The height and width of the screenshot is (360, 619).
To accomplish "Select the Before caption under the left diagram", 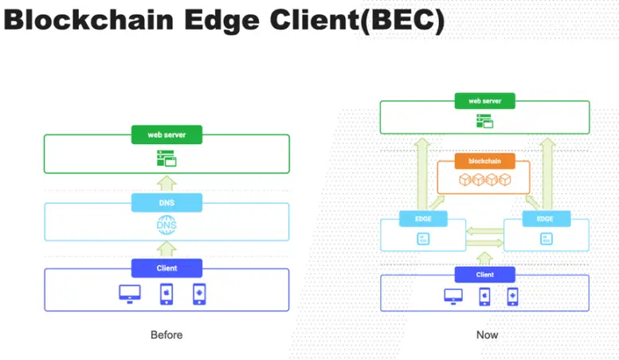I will click(x=167, y=335).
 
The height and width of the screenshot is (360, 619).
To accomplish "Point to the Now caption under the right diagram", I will click(x=487, y=335).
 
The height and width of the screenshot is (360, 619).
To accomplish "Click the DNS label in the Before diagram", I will click(x=167, y=203).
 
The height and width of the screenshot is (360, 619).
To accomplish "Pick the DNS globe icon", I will click(x=167, y=226).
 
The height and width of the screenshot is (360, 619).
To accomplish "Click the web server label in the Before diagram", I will click(x=167, y=135).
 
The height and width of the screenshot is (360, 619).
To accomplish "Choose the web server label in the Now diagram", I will click(x=484, y=101).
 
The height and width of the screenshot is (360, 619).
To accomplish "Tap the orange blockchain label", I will click(x=484, y=161).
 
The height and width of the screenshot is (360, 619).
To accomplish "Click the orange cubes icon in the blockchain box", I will click(x=484, y=181).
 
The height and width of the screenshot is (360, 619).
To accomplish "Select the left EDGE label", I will click(x=422, y=218).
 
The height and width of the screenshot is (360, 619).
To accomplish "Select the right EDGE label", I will click(x=546, y=218).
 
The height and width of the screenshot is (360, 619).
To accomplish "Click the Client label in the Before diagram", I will click(x=167, y=268).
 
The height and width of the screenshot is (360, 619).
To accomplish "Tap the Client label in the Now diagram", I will click(x=484, y=275).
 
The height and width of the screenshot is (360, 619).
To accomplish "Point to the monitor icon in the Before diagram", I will click(x=130, y=293).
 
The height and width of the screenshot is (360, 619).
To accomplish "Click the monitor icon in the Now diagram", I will click(x=453, y=296).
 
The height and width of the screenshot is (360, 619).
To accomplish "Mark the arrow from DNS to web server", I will click(x=167, y=182).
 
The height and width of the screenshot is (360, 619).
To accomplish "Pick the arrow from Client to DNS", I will click(x=167, y=248).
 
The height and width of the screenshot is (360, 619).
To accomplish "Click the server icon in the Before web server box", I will click(x=167, y=158).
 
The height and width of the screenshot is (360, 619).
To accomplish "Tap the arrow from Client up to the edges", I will click(x=484, y=256).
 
